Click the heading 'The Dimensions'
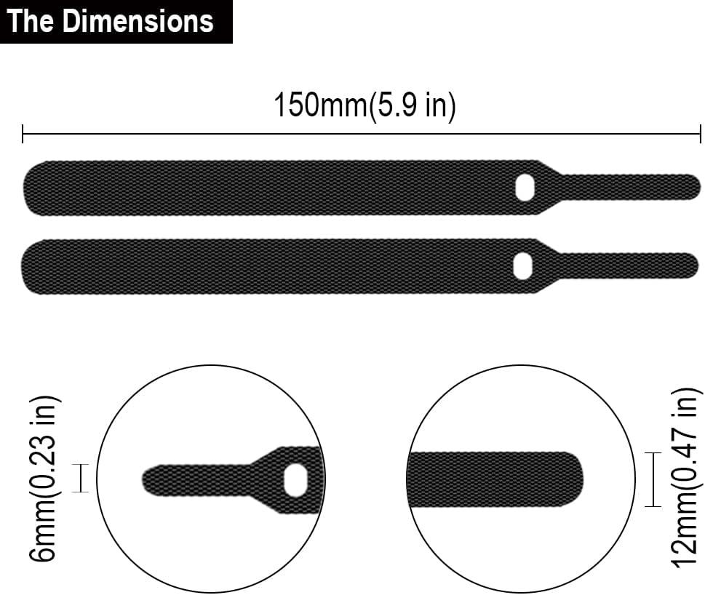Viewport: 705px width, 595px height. pos(111,21)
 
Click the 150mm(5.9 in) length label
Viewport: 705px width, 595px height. pos(364,106)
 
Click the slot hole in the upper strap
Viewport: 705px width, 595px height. pos(524,187)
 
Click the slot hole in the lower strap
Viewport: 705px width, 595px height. pos(522,266)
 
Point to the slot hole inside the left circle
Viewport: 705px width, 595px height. pos(295,480)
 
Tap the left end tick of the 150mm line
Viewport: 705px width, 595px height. pos(23,134)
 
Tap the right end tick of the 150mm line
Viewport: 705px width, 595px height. pos(700,134)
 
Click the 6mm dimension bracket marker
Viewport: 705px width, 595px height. pos(81,479)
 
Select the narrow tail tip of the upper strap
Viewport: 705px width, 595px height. pos(691,185)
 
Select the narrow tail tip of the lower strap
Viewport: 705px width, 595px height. pos(691,263)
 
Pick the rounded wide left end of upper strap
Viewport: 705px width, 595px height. pos(33,188)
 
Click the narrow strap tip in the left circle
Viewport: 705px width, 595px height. pos(149,480)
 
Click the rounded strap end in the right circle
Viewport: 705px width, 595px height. pos(575,479)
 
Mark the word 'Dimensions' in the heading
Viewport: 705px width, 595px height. pos(138,21)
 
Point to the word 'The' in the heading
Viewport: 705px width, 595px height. pos(31,21)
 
